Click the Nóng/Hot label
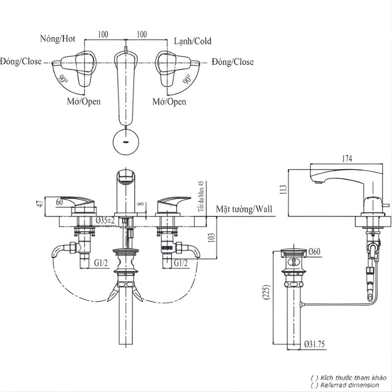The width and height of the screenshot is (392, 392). coord(58,39)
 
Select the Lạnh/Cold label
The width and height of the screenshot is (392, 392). coord(193,41)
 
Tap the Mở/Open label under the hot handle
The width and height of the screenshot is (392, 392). coord(84,101)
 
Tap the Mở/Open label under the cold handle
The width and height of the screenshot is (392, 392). coord(169,101)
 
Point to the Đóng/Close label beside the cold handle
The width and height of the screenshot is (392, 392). coord(233,62)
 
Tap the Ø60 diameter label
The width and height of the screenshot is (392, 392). coord(312,252)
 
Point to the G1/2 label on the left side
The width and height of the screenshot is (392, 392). coord(101,263)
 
